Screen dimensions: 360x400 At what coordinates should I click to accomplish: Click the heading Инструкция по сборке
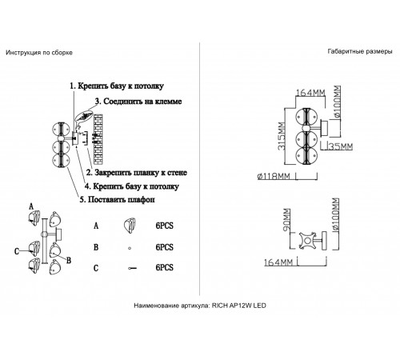39,52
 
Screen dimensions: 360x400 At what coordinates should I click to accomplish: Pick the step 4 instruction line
132,186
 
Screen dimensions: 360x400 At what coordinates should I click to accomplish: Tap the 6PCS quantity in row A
164,226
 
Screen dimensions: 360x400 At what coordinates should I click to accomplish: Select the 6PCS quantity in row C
164,269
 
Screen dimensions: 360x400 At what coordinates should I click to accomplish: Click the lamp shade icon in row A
127,226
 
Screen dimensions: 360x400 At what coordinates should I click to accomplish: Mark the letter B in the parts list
96,248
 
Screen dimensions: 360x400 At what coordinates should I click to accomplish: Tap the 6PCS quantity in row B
164,248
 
